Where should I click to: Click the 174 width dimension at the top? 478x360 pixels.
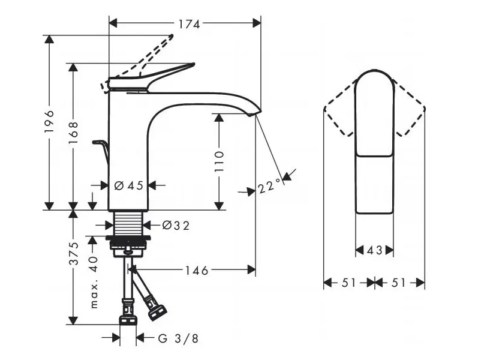point(189,24)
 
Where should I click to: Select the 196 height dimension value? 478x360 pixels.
point(49,121)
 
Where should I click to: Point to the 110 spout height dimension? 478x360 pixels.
point(219,161)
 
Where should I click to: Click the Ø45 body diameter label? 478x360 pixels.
point(128,185)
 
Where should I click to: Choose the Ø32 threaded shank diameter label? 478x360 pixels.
point(176,226)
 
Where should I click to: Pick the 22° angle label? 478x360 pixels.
point(269,187)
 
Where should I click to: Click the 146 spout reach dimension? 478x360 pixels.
point(197,271)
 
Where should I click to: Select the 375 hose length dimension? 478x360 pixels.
point(73,254)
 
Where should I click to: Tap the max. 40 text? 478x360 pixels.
point(94,282)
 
